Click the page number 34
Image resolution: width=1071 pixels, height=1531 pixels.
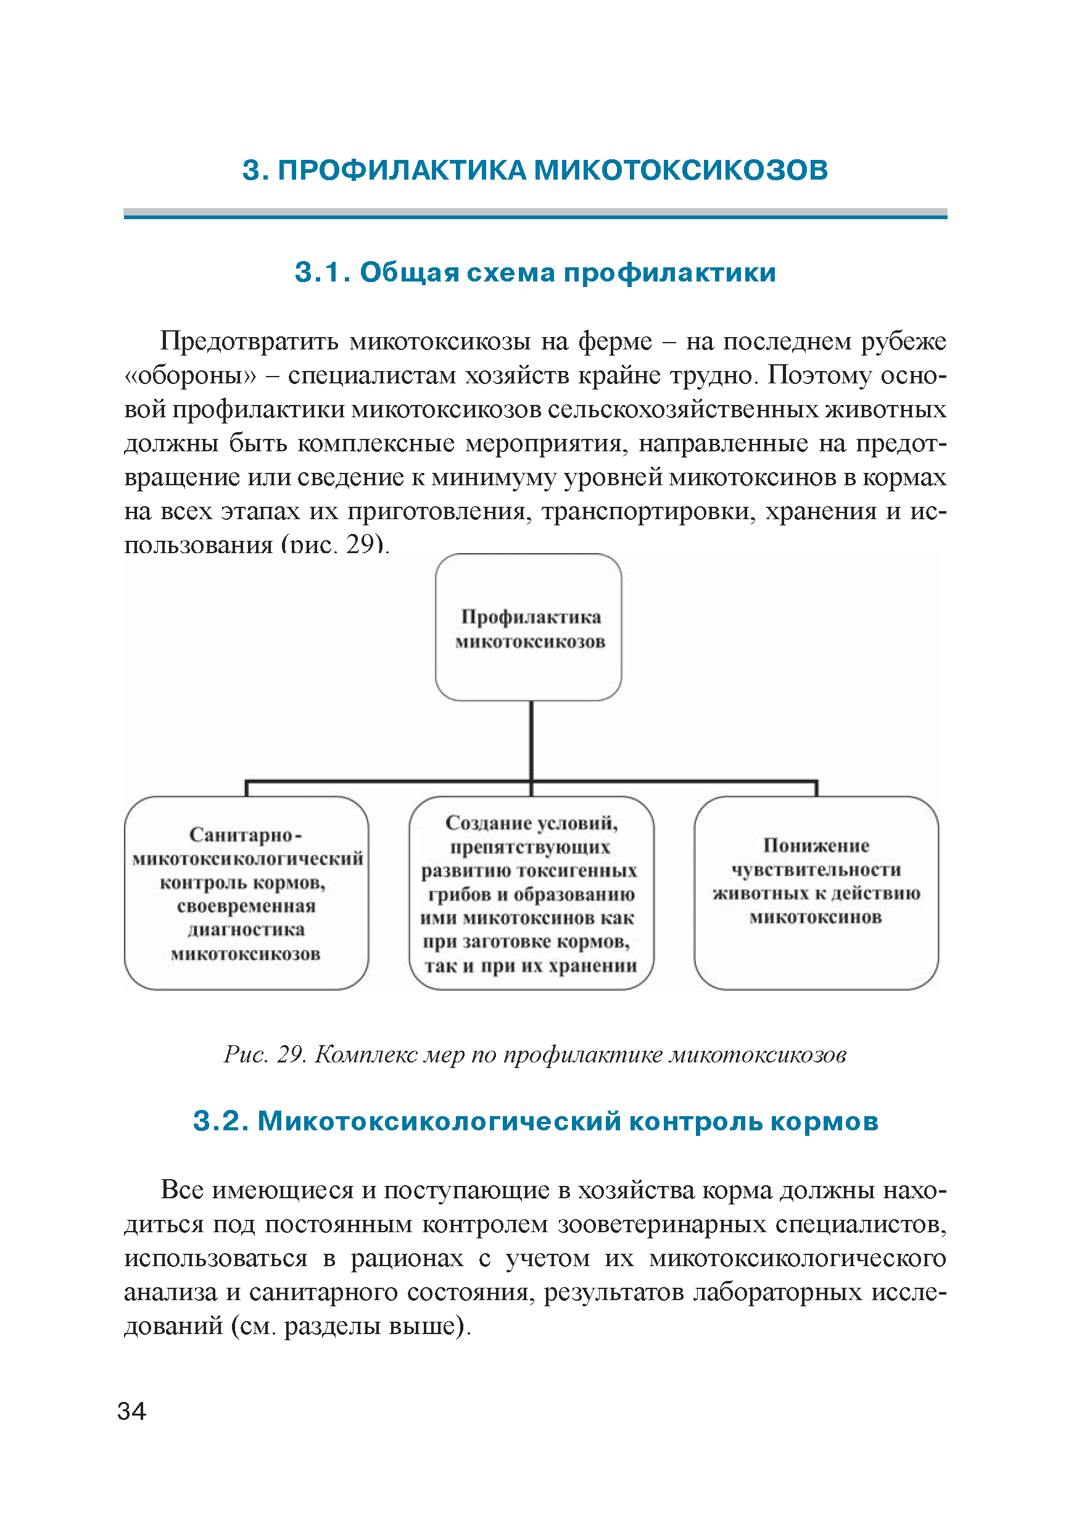tap(131, 1411)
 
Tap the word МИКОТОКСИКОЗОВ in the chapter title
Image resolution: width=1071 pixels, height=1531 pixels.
tap(680, 170)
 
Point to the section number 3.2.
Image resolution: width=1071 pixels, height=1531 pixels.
tap(220, 1121)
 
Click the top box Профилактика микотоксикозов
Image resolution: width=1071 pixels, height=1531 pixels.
tap(529, 627)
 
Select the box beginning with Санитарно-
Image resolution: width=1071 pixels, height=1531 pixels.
tap(246, 893)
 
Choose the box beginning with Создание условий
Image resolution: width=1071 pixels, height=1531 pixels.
tap(531, 893)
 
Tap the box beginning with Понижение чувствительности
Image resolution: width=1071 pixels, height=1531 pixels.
tap(816, 893)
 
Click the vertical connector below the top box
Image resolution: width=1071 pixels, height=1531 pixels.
tap(531, 740)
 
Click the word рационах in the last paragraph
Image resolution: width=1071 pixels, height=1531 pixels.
tap(407, 1258)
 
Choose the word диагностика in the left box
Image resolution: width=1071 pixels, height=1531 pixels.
tap(246, 930)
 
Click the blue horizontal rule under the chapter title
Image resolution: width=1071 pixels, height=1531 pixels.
tap(535, 214)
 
